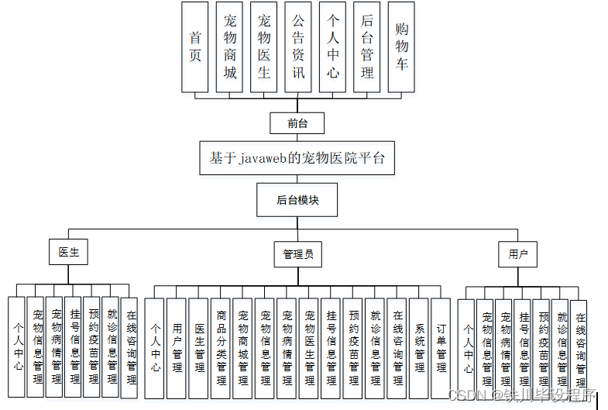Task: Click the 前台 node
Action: (x=296, y=122)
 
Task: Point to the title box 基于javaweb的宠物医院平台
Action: (x=297, y=157)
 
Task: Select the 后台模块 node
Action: (x=297, y=200)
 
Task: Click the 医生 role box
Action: (x=69, y=253)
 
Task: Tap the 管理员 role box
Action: (x=297, y=253)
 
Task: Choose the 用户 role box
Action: (x=518, y=253)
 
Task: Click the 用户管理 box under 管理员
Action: (x=177, y=348)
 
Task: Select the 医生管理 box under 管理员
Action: (x=199, y=348)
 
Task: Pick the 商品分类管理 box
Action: (x=221, y=348)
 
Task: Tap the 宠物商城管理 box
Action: (x=242, y=348)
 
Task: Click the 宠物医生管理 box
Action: (x=309, y=348)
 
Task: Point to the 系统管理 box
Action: (x=419, y=348)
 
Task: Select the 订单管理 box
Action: (x=441, y=348)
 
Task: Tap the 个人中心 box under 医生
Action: (x=17, y=346)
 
